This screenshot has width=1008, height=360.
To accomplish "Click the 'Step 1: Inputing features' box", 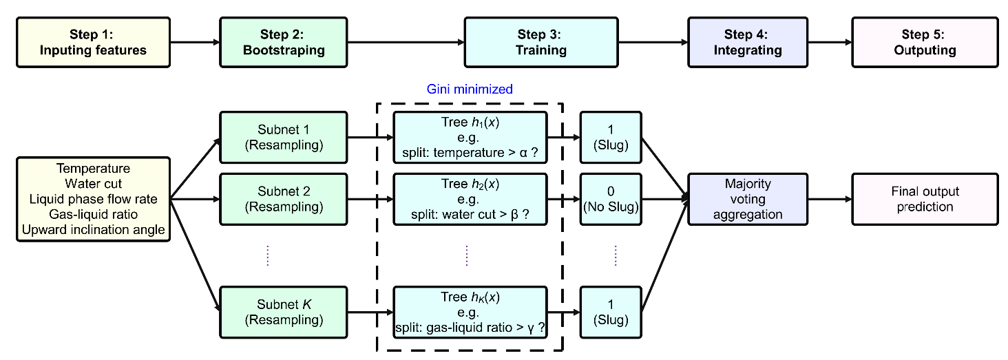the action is (93, 42).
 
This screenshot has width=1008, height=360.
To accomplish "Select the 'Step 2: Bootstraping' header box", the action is (284, 42).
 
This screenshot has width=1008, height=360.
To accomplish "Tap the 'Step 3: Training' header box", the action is (541, 42).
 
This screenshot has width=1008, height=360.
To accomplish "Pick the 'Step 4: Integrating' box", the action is (748, 42).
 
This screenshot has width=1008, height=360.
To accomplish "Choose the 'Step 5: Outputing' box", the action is (925, 42).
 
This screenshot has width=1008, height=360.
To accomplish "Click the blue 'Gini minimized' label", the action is (470, 89).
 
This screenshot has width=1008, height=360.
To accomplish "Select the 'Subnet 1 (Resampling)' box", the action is (284, 137).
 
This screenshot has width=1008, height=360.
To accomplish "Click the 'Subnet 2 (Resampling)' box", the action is (284, 199).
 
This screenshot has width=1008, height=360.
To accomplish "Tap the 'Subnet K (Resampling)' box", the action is (284, 312).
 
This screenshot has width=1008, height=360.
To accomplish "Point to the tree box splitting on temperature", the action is (470, 137).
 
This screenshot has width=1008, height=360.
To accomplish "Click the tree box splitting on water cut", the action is (470, 199).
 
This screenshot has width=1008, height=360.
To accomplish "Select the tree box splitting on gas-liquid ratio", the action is (470, 312).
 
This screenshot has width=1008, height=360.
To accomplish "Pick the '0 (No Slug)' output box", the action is (611, 199).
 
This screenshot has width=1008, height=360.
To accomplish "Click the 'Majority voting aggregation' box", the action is (748, 199).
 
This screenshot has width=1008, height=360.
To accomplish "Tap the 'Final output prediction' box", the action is (925, 199).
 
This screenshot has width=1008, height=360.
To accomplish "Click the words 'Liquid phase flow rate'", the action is (93, 199).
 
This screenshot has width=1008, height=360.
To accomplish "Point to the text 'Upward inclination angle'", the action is (93, 229).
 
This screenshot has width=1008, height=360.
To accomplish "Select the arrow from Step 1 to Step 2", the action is (195, 42).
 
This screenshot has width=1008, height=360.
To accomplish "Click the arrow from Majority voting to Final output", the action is (830, 199).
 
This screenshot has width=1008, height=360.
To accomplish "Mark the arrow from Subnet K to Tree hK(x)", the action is (370, 312).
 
